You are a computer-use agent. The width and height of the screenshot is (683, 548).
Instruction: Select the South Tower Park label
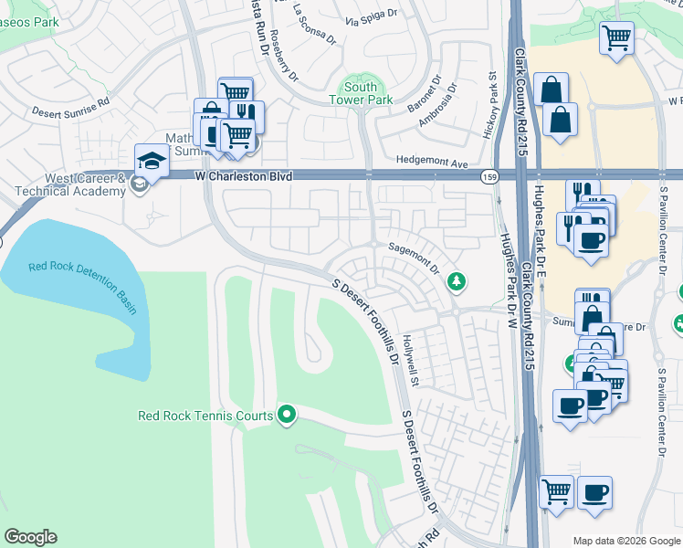pyautogui.click(x=361, y=93)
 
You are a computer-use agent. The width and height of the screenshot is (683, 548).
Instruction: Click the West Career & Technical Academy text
pyautogui.click(x=69, y=184)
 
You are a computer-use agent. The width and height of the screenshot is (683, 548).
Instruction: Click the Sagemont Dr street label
pyautogui.click(x=415, y=259)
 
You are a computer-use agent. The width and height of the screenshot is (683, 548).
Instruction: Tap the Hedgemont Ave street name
pyautogui.click(x=433, y=164)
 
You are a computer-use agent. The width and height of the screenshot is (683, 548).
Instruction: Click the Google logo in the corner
pyautogui.click(x=30, y=537)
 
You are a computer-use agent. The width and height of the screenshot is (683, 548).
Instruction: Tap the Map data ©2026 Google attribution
pyautogui.click(x=625, y=541)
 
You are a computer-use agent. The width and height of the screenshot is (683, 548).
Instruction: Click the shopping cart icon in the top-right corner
pyautogui.click(x=617, y=38)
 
